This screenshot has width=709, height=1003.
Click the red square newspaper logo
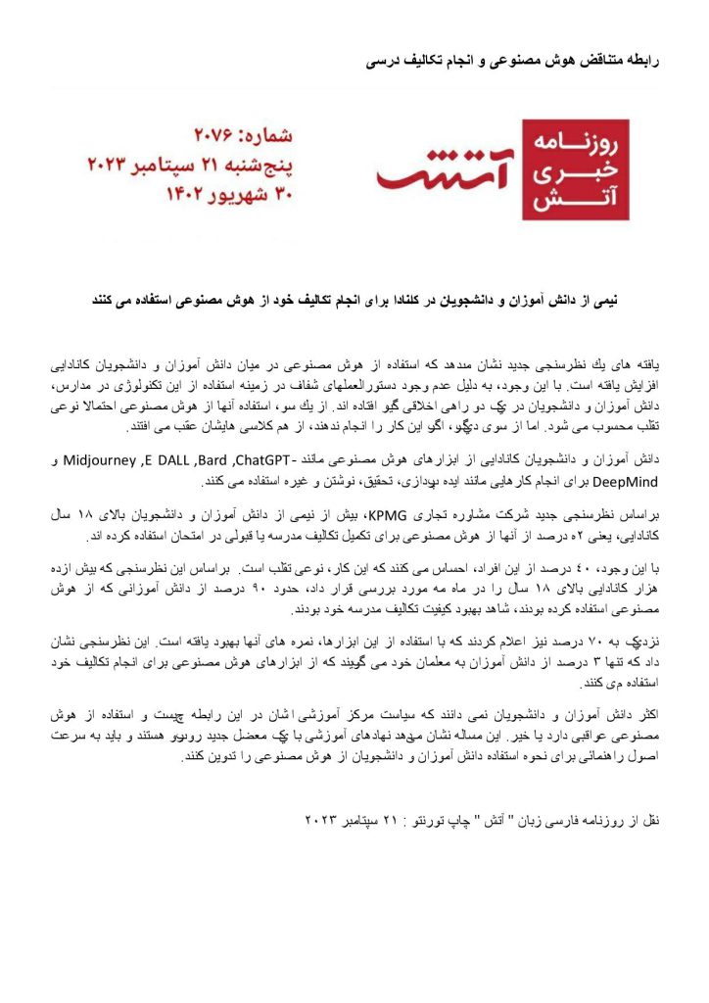click(x=575, y=169)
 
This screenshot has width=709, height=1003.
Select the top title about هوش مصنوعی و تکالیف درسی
click(x=514, y=61)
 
